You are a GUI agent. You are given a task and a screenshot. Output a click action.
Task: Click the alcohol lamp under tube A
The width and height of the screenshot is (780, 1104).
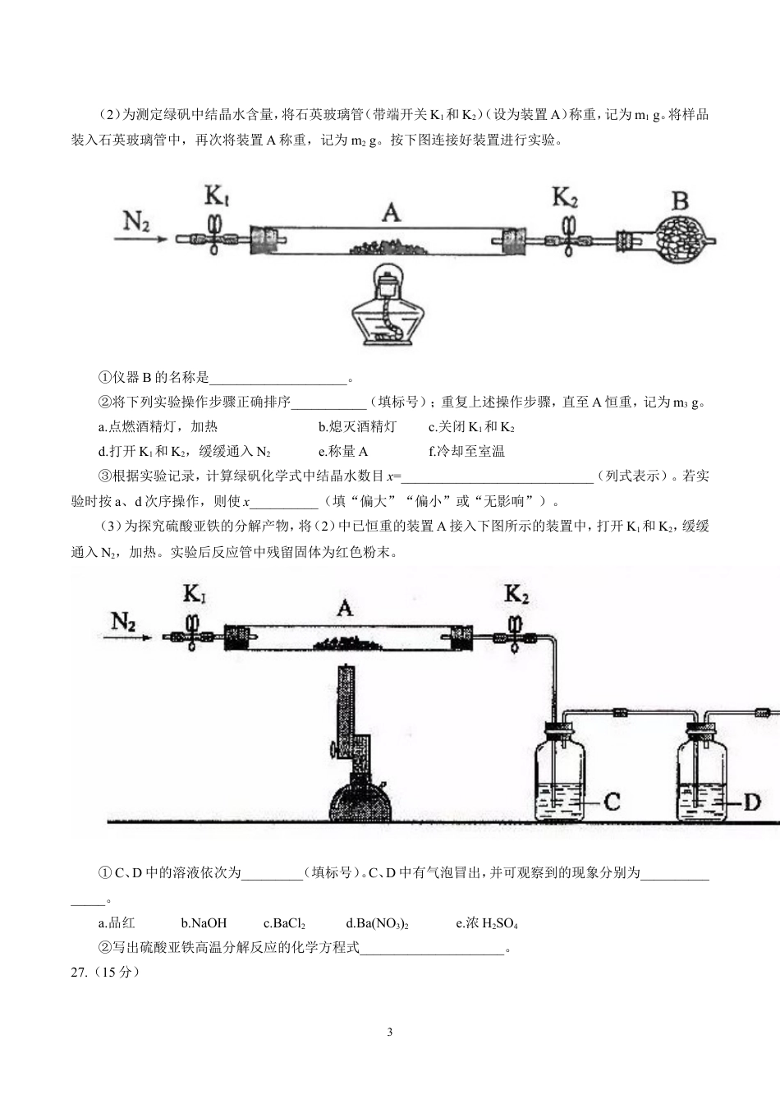[388, 304]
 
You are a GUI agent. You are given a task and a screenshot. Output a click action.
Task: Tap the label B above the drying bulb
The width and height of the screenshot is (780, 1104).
[680, 201]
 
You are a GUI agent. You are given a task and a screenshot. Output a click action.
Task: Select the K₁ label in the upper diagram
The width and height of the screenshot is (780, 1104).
[217, 196]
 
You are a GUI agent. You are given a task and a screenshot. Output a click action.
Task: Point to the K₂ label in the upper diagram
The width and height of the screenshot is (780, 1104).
[565, 197]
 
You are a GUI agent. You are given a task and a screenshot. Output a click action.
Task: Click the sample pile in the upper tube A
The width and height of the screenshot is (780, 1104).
[390, 247]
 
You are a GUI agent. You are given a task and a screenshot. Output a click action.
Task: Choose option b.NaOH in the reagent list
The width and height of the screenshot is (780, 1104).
[204, 923]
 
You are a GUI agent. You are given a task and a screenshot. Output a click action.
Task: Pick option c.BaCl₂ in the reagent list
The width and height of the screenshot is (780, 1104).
[285, 923]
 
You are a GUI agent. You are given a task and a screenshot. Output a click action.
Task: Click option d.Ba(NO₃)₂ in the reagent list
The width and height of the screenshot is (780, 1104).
[378, 923]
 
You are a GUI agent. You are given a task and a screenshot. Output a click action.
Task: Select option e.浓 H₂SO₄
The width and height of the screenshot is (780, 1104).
[487, 923]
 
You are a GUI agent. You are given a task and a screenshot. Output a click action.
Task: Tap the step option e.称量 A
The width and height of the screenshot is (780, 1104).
[343, 451]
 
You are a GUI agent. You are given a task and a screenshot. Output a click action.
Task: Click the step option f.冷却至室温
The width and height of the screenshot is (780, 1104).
[467, 451]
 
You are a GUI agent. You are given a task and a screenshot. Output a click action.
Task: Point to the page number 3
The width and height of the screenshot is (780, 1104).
[390, 1033]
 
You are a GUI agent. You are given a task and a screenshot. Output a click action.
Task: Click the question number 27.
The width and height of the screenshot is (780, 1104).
[79, 973]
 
